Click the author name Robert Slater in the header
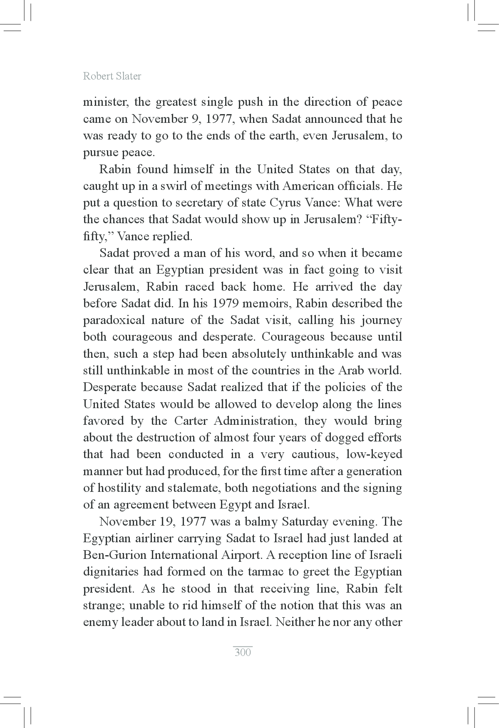click(x=112, y=76)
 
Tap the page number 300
click(x=243, y=652)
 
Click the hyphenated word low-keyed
click(x=374, y=454)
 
